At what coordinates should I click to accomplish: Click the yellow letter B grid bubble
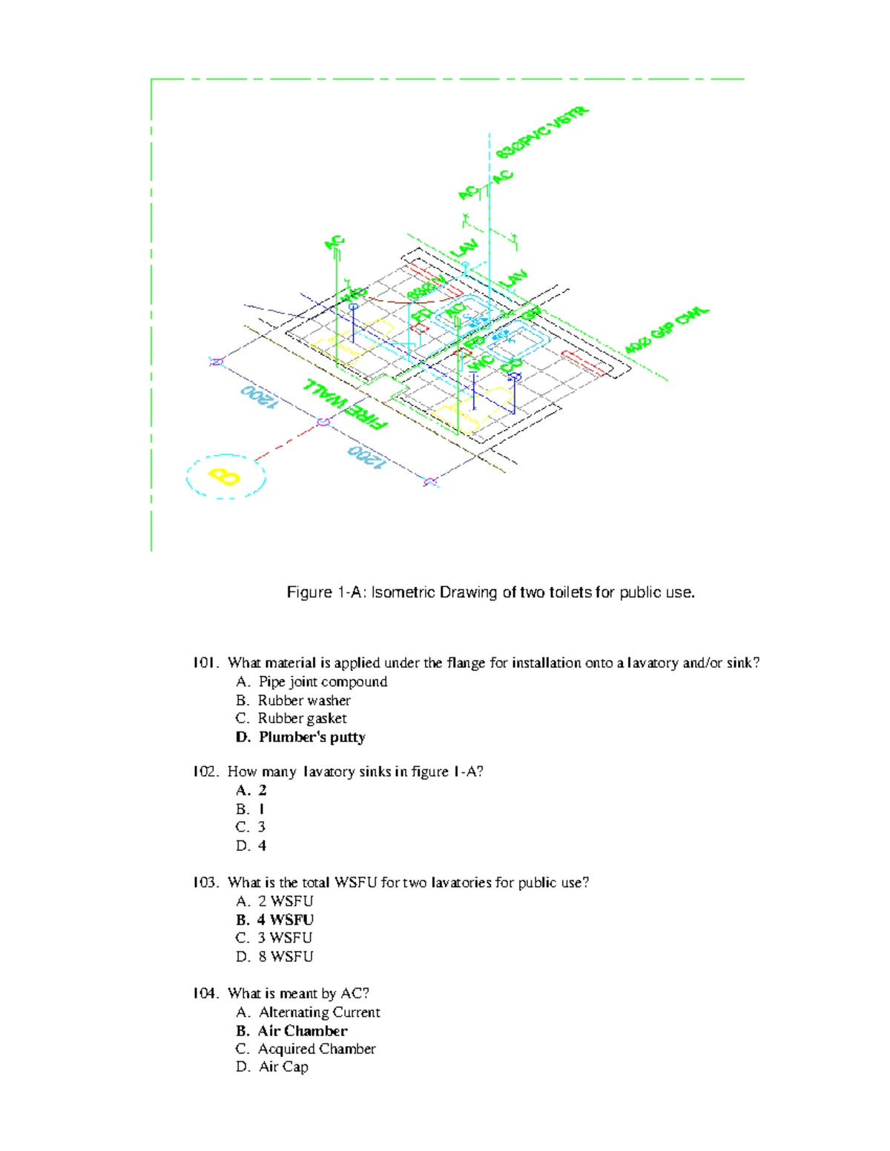225,476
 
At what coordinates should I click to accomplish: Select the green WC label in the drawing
481,364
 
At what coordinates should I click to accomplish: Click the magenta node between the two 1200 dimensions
323,422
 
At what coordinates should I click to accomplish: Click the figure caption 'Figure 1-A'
491,592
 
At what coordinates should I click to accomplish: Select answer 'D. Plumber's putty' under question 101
300,737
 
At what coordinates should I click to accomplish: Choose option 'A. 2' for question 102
251,790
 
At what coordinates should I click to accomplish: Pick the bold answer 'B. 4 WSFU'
275,920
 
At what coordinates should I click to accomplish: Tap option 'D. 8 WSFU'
274,957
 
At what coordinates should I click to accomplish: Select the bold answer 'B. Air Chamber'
291,1031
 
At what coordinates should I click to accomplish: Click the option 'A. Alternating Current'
308,1012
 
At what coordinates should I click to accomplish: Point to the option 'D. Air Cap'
272,1067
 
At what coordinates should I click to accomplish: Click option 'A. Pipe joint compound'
311,682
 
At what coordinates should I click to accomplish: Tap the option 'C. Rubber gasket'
291,718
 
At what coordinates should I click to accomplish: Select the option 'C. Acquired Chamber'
306,1049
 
